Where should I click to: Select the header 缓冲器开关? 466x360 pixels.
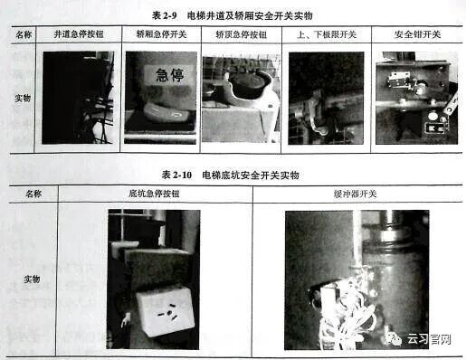(x=356, y=194)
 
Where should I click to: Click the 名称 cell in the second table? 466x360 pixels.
(x=33, y=194)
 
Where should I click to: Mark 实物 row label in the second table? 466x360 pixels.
(x=33, y=279)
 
